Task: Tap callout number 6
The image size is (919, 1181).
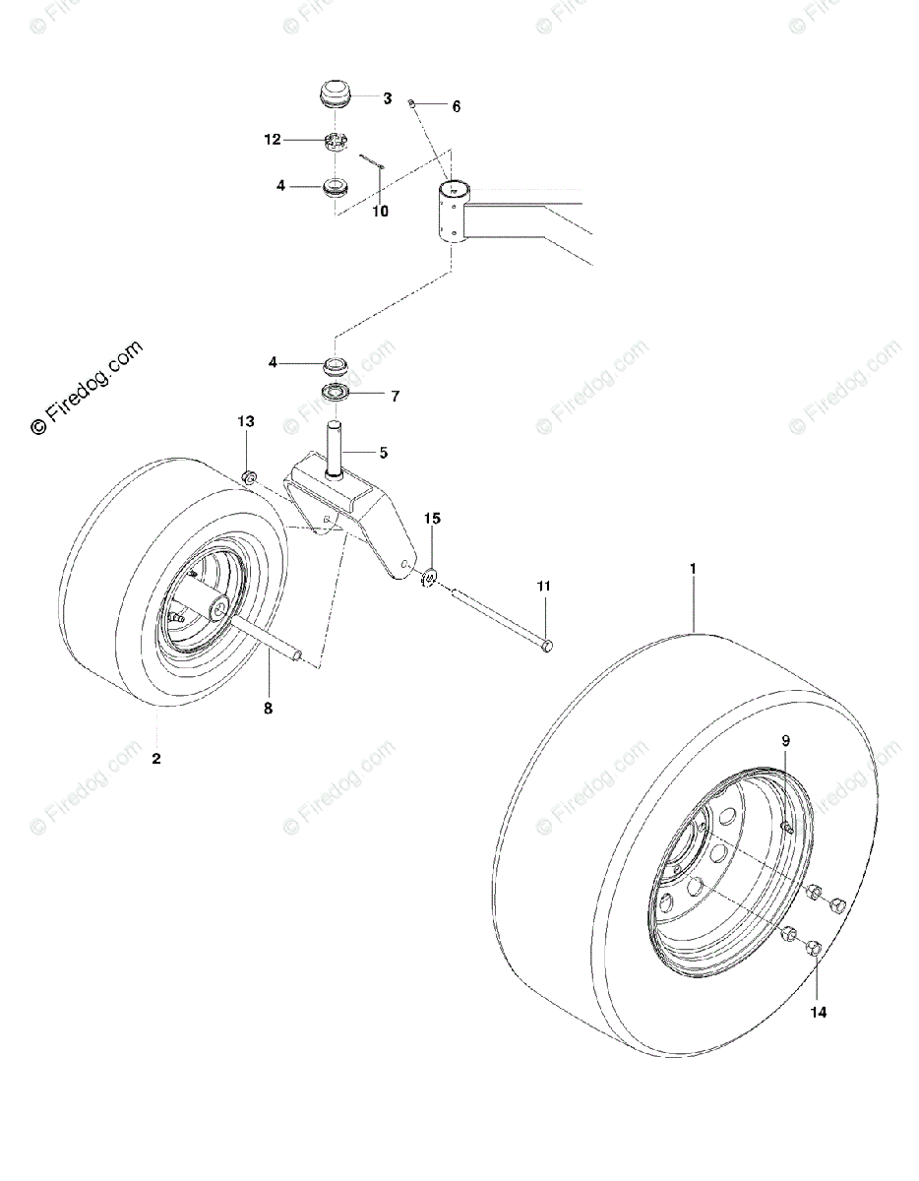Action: tap(456, 106)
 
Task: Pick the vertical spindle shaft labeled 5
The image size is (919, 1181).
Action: tap(336, 448)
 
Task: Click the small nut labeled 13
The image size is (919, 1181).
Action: tap(249, 478)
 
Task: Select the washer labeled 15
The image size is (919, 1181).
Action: tap(430, 576)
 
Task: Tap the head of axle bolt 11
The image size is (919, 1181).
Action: tap(548, 645)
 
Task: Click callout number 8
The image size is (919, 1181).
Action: tap(268, 707)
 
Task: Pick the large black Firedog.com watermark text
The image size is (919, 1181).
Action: tap(88, 387)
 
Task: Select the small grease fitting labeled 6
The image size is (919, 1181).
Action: tap(416, 102)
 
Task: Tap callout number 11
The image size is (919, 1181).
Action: tap(543, 587)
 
